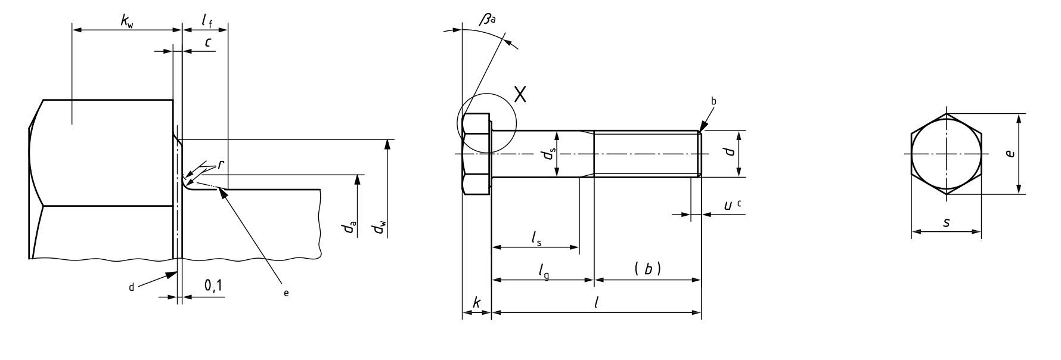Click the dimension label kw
(127, 22)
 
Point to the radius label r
(221, 165)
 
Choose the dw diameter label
(379, 228)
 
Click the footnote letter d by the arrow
(132, 287)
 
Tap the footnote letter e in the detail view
(286, 293)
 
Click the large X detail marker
(520, 94)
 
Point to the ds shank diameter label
(548, 154)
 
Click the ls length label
(536, 238)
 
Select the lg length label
(543, 271)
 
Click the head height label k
(476, 303)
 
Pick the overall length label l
(597, 303)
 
